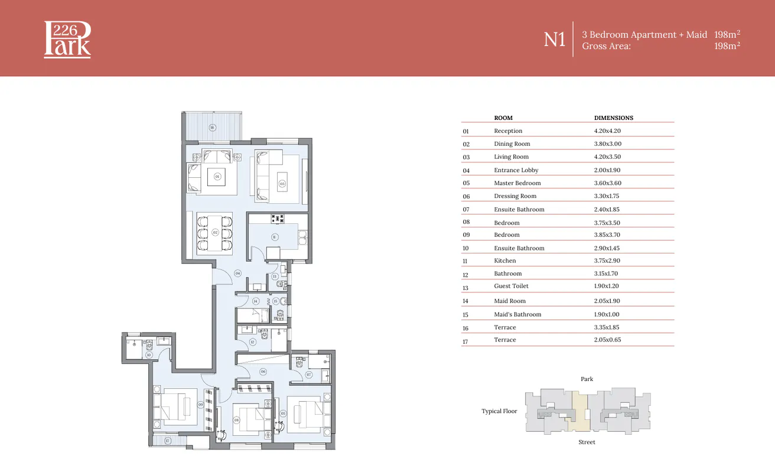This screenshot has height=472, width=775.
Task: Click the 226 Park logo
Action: click(x=67, y=40)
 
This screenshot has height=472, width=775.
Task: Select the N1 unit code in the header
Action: click(x=555, y=40)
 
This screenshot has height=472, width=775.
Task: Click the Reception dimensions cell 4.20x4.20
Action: click(x=607, y=131)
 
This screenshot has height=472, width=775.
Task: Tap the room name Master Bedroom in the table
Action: click(x=517, y=183)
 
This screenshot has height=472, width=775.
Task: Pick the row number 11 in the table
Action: click(x=465, y=261)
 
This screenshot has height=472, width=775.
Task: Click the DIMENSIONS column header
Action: click(x=613, y=118)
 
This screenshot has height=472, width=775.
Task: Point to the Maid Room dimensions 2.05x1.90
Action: click(x=607, y=301)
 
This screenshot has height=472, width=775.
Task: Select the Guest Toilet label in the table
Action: click(x=511, y=286)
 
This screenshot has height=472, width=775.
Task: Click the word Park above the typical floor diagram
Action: click(x=587, y=379)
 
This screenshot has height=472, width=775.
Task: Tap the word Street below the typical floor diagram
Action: click(x=587, y=442)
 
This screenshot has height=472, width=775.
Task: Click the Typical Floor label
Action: click(x=499, y=411)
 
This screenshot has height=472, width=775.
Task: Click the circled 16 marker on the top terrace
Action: click(x=213, y=128)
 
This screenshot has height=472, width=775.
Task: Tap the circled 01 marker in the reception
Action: click(x=217, y=176)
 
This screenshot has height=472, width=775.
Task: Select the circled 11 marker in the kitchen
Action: click(x=274, y=237)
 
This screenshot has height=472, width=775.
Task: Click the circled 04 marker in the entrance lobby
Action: click(x=237, y=273)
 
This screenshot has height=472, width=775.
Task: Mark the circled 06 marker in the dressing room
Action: click(x=263, y=372)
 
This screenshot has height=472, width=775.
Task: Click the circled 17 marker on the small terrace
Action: click(x=167, y=441)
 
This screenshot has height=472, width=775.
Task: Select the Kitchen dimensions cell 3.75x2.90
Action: click(x=607, y=261)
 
